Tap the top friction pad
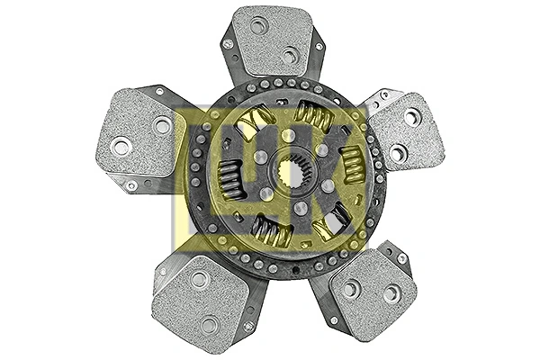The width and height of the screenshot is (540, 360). point(272,40)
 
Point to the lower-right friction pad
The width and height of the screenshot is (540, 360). point(373,290)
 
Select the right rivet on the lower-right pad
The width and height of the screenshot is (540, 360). point(391,293)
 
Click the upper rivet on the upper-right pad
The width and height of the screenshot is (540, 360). point(412,116)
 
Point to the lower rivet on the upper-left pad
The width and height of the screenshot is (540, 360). point(121,145)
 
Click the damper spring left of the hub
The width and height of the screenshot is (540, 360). point(230,178)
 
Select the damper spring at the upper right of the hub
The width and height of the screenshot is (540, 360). point(311,116)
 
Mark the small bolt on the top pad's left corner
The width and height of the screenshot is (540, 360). point(229,43)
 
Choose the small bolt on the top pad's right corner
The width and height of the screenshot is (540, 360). point(318,45)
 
